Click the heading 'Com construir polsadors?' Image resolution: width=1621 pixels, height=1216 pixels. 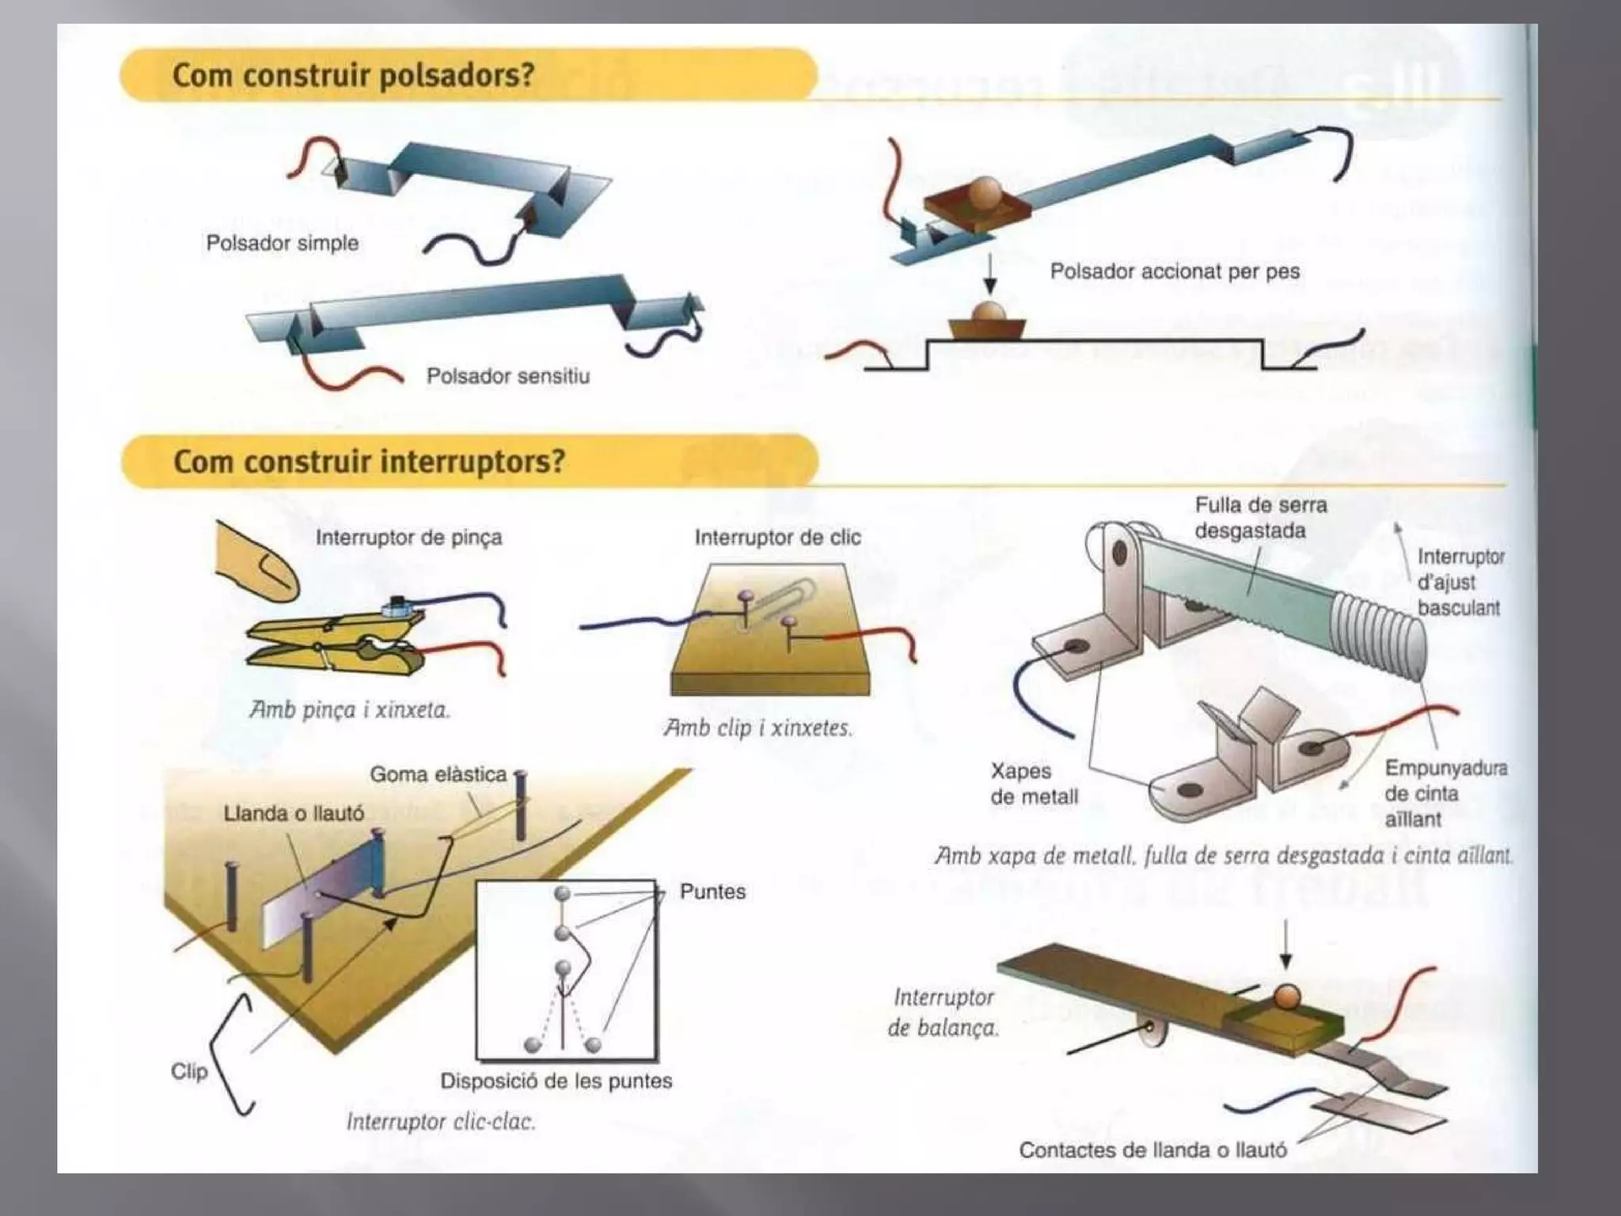tap(353, 75)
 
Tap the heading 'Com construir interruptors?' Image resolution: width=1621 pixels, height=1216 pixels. tap(369, 461)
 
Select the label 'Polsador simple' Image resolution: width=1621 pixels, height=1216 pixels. tap(282, 243)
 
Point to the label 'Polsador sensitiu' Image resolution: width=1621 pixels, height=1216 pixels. tap(507, 375)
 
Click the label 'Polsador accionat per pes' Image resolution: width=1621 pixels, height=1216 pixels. tap(1174, 272)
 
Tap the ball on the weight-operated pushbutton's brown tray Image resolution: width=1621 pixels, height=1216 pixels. tap(986, 192)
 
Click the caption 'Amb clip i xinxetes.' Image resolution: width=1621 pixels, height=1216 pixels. tap(757, 728)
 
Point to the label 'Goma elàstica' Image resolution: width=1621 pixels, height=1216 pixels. tap(438, 774)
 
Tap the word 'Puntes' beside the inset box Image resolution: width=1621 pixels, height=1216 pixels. tap(712, 891)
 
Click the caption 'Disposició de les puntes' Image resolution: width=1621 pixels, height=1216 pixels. tap(556, 1081)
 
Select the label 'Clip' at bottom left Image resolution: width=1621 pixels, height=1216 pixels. tap(189, 1071)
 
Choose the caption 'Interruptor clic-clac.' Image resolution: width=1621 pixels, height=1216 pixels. tap(440, 1121)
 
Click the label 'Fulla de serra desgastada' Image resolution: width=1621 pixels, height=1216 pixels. tap(1260, 518)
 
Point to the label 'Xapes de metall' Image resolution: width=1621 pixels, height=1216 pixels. tap(1033, 784)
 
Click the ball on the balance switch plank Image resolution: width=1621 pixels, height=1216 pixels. tap(1286, 997)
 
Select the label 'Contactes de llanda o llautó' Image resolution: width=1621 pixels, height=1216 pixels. tap(1152, 1150)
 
